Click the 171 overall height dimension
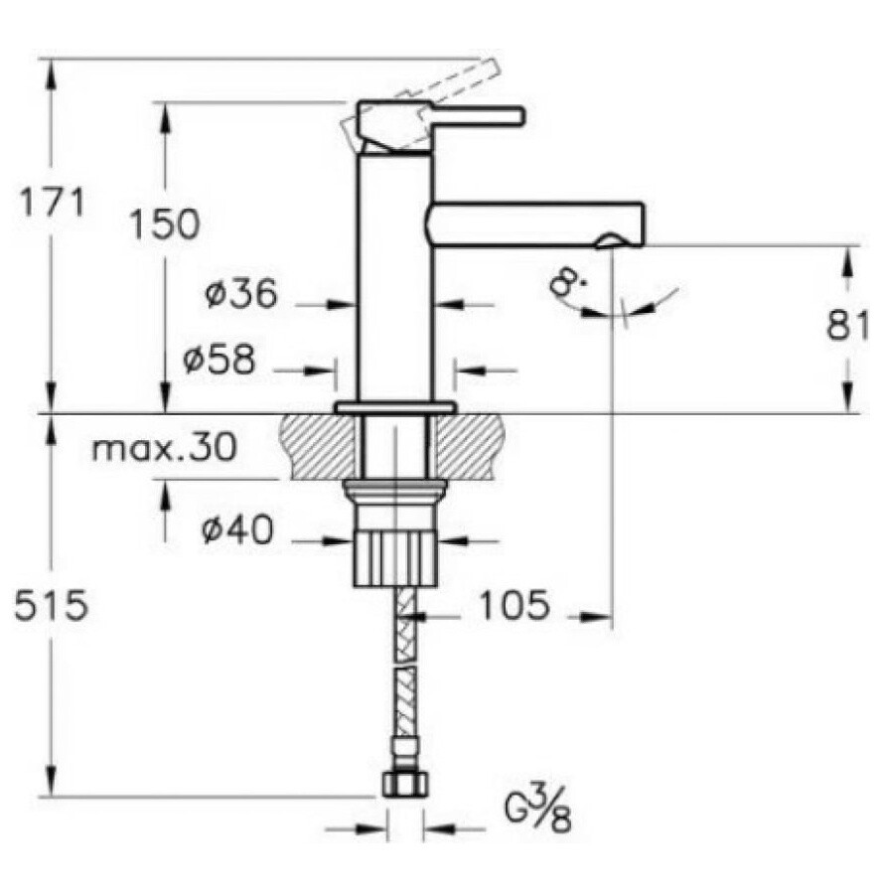coord(52,204)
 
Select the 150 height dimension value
coord(164,224)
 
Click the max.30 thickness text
coord(164,448)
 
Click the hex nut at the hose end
coord(404,782)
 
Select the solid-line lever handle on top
coord(475,116)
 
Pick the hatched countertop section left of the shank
coord(318,446)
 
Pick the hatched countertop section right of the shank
coord(471,446)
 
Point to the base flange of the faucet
coord(394,407)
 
